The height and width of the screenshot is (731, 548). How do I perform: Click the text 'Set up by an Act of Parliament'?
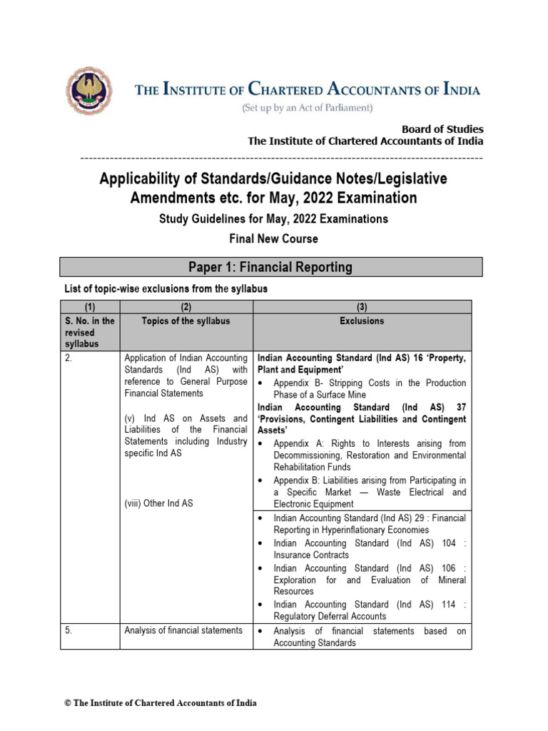pyautogui.click(x=308, y=108)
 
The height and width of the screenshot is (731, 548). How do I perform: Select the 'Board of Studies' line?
pyautogui.click(x=442, y=129)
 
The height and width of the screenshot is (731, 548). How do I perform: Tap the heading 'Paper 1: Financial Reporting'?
pyautogui.click(x=270, y=267)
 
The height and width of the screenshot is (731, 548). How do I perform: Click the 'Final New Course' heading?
pyautogui.click(x=273, y=238)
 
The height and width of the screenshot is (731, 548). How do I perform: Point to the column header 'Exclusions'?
pyautogui.click(x=362, y=321)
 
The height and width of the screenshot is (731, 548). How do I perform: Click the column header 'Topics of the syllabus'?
pyautogui.click(x=186, y=321)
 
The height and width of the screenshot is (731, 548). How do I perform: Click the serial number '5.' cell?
pyautogui.click(x=68, y=630)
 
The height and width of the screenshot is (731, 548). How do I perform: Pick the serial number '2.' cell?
pyautogui.click(x=68, y=358)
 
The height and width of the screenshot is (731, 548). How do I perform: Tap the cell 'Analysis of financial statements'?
pyautogui.click(x=183, y=630)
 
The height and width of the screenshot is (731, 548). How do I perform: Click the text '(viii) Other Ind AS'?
pyautogui.click(x=158, y=503)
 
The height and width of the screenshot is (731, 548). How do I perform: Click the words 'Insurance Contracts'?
pyautogui.click(x=311, y=555)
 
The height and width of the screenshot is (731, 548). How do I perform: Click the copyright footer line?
pyautogui.click(x=161, y=702)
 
